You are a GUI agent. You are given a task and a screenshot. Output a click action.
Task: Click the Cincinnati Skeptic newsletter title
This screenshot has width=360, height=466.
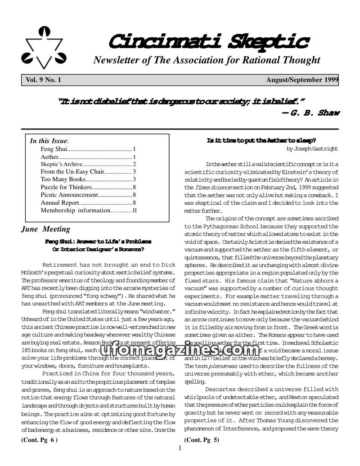pyautogui.click(x=208, y=42)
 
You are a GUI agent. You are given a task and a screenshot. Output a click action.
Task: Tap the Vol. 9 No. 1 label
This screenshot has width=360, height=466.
pyautogui.click(x=43, y=80)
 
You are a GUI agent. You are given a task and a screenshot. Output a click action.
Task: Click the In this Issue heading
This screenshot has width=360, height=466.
pyautogui.click(x=49, y=141)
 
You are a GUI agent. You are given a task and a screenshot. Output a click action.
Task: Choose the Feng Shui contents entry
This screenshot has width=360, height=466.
pyautogui.click(x=88, y=149)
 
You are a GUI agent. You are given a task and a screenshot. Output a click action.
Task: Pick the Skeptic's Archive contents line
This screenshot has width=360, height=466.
pyautogui.click(x=88, y=164)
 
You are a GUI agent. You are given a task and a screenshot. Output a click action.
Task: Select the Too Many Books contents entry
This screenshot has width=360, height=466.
pyautogui.click(x=88, y=179)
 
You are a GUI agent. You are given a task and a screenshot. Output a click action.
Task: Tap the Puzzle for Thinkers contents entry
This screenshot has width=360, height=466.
pyautogui.click(x=88, y=187)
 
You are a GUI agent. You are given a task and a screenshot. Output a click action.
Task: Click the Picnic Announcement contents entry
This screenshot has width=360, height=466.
pyautogui.click(x=88, y=195)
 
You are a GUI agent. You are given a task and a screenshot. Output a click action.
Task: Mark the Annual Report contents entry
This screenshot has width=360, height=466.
pyautogui.click(x=88, y=202)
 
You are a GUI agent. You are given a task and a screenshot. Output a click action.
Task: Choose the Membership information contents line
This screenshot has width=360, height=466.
pyautogui.click(x=88, y=210)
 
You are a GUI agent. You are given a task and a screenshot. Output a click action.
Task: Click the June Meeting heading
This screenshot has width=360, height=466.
pyautogui.click(x=46, y=229)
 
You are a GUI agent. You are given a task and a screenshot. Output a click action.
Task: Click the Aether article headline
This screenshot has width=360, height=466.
pyautogui.click(x=261, y=141)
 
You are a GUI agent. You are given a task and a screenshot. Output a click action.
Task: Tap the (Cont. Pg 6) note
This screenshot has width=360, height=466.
pyautogui.click(x=40, y=440)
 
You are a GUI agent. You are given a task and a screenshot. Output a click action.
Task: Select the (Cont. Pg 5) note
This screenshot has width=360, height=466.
pyautogui.click(x=202, y=440)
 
